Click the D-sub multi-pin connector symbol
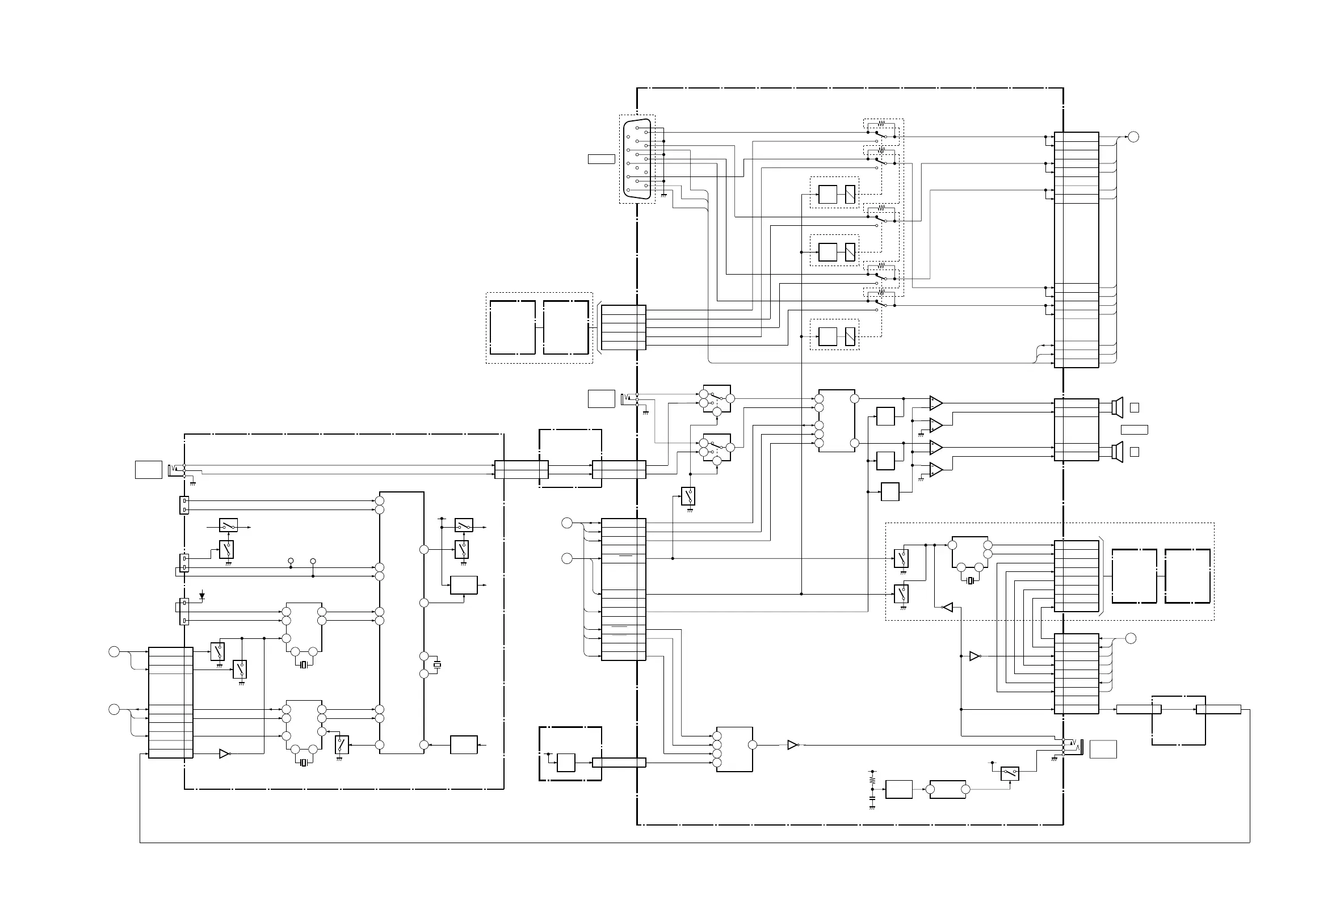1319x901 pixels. pyautogui.click(x=637, y=159)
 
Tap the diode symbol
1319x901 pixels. pyautogui.click(x=202, y=596)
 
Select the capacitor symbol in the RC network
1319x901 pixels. pyautogui.click(x=872, y=798)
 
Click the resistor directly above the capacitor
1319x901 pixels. pyautogui.click(x=872, y=780)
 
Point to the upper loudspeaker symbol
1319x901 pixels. pyautogui.click(x=1118, y=407)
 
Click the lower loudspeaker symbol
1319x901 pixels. pyautogui.click(x=1118, y=452)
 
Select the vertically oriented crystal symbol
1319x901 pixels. pyautogui.click(x=437, y=664)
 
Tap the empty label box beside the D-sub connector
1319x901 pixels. pyautogui.click(x=601, y=159)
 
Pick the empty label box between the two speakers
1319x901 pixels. pyautogui.click(x=1134, y=430)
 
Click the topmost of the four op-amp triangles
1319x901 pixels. pyautogui.click(x=936, y=403)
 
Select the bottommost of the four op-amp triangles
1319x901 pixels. pyautogui.click(x=936, y=470)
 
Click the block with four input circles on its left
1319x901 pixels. pyautogui.click(x=734, y=749)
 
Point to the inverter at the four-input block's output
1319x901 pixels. pyautogui.click(x=793, y=745)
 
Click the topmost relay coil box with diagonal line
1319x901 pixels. pyautogui.click(x=850, y=195)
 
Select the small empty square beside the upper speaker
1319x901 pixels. pyautogui.click(x=1134, y=407)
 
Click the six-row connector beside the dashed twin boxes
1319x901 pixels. pyautogui.click(x=623, y=328)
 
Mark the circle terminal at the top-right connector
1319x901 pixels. pyautogui.click(x=1133, y=137)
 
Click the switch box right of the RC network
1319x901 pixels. pyautogui.click(x=1010, y=773)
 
